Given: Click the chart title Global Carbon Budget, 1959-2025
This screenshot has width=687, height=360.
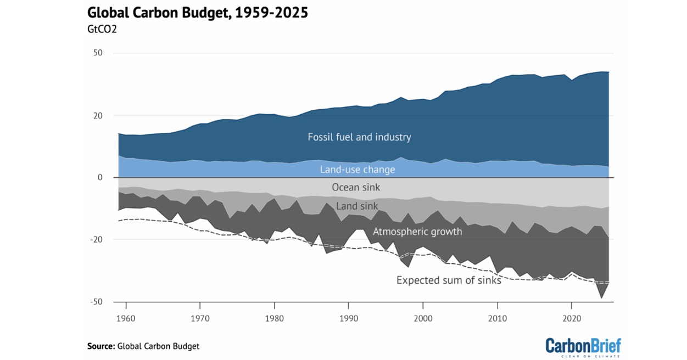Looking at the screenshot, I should point(198,13).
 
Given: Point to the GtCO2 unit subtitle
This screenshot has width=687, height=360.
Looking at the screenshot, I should point(102,29).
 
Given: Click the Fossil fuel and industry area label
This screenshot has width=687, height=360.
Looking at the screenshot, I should point(359,137).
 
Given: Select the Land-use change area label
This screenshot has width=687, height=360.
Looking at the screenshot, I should point(357,170).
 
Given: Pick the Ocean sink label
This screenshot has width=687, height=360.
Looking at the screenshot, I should point(356,187).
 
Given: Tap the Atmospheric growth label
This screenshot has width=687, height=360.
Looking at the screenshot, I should point(417,232).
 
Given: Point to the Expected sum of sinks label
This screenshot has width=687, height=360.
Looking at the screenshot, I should point(449,280).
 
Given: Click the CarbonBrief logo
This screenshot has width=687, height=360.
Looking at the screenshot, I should point(583,346).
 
